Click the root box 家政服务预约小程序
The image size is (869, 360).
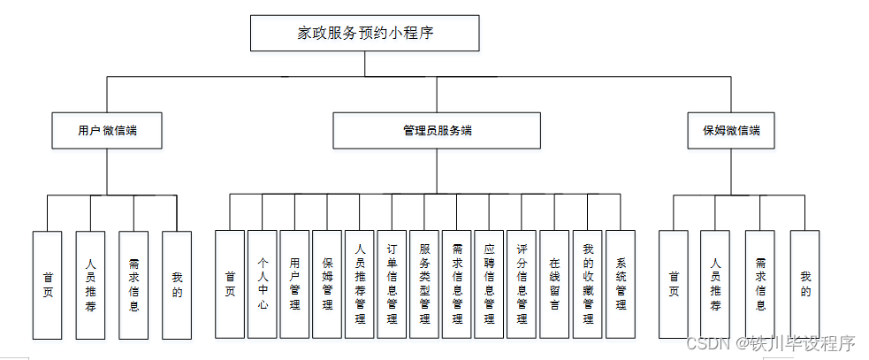365,34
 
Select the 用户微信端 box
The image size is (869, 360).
107,131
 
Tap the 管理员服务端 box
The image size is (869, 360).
436,131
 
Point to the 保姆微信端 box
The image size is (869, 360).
731,131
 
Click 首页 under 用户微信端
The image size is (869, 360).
48,285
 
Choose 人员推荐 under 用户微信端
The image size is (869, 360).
90,285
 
